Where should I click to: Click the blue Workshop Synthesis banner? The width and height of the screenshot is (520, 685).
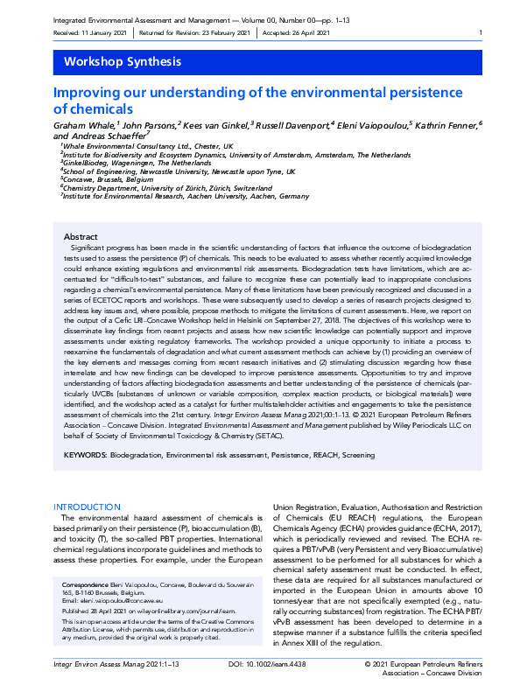(x=260, y=61)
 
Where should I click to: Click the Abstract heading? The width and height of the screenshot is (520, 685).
(x=81, y=237)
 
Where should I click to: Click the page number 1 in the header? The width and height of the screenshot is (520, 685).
(x=481, y=33)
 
